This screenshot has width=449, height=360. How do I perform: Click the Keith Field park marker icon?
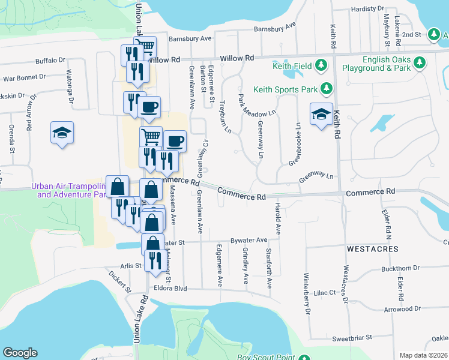tap(321, 64)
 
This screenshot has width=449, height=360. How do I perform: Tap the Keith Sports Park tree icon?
tap(327, 89)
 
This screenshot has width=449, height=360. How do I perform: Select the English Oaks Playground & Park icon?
tap(420, 62)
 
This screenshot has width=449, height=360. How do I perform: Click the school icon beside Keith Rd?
tap(321, 114)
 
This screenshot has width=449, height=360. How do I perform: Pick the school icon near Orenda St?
tap(62, 133)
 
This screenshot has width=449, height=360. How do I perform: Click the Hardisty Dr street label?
tap(367, 9)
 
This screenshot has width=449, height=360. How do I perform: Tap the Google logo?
tap(20, 353)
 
